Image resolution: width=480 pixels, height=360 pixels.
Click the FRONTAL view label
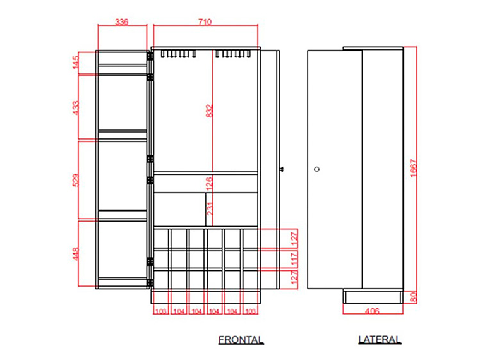[x=241, y=340]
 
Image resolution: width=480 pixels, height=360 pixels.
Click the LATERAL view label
[x=380, y=340]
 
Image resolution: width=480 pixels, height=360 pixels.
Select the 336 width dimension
[x=121, y=22]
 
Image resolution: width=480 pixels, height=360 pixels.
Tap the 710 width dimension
[x=205, y=22]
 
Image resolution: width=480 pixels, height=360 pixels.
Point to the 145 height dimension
[x=75, y=62]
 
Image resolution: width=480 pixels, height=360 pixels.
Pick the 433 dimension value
[x=75, y=108]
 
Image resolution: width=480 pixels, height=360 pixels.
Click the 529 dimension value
[x=75, y=180]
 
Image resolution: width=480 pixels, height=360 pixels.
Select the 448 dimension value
[x=75, y=254]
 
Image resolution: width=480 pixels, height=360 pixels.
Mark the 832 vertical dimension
[x=210, y=111]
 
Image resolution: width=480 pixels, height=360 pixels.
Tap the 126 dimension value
[x=210, y=183]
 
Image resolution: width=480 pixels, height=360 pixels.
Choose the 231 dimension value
[x=210, y=209]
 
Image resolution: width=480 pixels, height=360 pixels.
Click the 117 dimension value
[x=294, y=259]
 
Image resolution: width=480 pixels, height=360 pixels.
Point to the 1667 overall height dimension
[x=413, y=168]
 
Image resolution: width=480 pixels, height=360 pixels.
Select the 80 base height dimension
[x=413, y=297]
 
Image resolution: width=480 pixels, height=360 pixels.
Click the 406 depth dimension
[x=372, y=311]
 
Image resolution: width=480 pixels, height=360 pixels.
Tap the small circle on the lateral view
[x=317, y=169]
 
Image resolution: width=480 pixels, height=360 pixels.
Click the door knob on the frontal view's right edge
[x=282, y=169]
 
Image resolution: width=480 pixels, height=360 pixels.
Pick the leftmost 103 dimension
[x=160, y=311]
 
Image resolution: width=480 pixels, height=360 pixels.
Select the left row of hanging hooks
[x=179, y=54]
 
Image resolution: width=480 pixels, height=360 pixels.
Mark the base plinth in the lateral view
[x=372, y=296]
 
